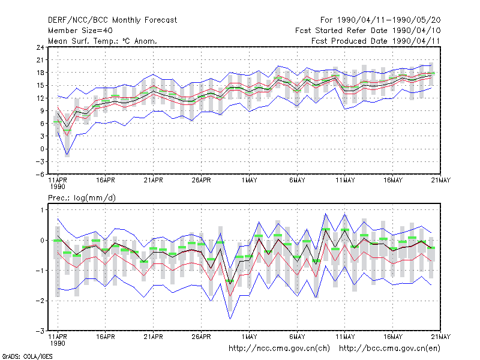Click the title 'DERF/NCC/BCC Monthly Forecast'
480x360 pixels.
pyautogui.click(x=112, y=20)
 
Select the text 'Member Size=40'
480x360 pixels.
pyautogui.click(x=80, y=31)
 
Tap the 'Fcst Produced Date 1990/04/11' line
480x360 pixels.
pyautogui.click(x=376, y=41)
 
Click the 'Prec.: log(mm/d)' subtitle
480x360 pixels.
pyautogui.click(x=82, y=198)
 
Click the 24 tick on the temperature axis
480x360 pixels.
pyautogui.click(x=40, y=47)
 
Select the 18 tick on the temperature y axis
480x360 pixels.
pyautogui.click(x=40, y=73)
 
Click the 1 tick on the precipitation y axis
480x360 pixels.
pyautogui.click(x=42, y=209)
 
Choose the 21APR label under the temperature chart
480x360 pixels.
pyautogui.click(x=154, y=181)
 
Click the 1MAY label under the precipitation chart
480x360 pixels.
pyautogui.click(x=249, y=337)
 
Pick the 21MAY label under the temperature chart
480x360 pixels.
pyautogui.click(x=441, y=181)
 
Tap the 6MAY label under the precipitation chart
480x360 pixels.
pyautogui.click(x=297, y=337)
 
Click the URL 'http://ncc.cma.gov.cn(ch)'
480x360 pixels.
pyautogui.click(x=279, y=349)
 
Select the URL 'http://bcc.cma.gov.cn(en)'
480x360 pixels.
pyautogui.click(x=389, y=349)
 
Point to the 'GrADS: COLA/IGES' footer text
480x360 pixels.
pyautogui.click(x=27, y=356)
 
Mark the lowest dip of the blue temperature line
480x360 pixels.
pyautogui.click(x=67, y=155)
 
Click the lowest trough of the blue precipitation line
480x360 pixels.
pyautogui.click(x=230, y=319)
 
